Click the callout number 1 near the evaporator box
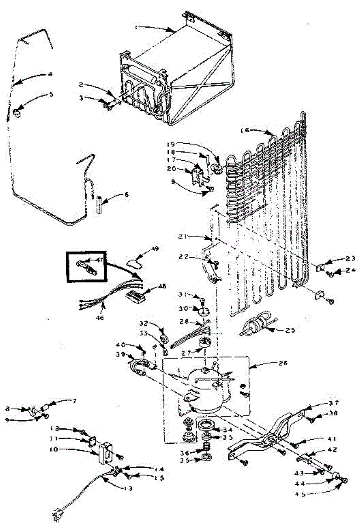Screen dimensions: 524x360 (136, 27)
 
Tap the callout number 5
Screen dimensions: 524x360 (51, 94)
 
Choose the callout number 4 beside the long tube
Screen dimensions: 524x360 (50, 74)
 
